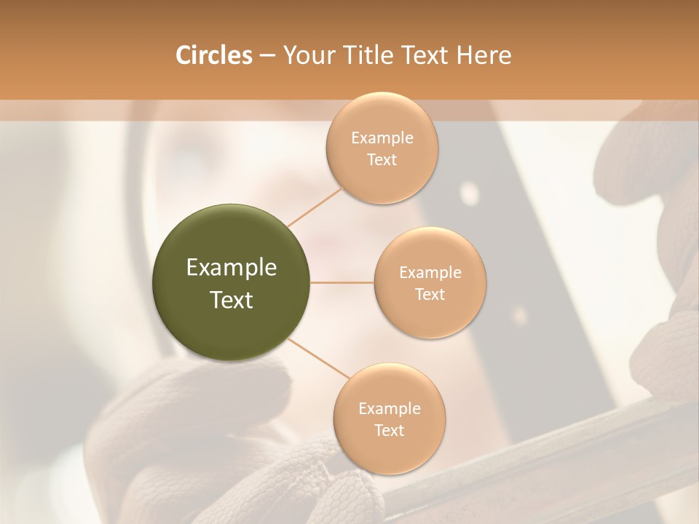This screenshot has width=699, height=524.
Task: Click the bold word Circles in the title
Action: [x=213, y=55]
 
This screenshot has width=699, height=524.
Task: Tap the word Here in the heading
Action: [x=483, y=55]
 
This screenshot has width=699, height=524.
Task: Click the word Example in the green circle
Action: [x=232, y=268]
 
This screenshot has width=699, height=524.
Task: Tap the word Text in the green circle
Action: [x=232, y=300]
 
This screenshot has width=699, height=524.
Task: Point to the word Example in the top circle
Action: [x=382, y=138]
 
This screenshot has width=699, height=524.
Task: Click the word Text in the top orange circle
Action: [x=382, y=159]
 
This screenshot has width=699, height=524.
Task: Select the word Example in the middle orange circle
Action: [x=430, y=273]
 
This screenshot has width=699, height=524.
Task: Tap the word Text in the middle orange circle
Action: [x=430, y=294]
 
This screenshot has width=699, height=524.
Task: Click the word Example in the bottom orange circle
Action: [x=389, y=409]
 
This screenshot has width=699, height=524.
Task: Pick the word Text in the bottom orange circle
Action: [x=389, y=430]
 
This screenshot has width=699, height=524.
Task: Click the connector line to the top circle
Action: [x=315, y=206]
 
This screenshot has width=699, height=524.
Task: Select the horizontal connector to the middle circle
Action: [x=342, y=282]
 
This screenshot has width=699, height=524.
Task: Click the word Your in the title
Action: [x=306, y=55]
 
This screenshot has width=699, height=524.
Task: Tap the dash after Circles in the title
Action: [x=266, y=55]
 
